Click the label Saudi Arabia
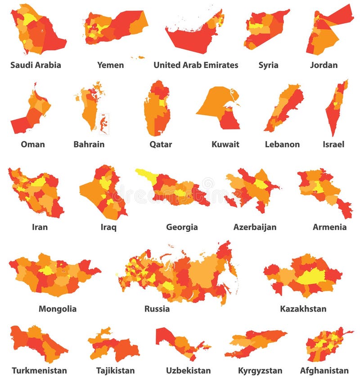tap(36, 65)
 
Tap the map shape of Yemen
tap(117, 27)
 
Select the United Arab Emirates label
tap(196, 65)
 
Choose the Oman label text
tap(33, 145)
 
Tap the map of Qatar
tap(157, 110)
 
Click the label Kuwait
tap(225, 145)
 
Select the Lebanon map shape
tap(283, 108)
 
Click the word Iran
tap(40, 227)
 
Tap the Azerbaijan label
tap(255, 227)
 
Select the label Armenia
tap(329, 227)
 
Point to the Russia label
tap(157, 309)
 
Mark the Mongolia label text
tap(58, 309)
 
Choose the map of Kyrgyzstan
tap(256, 344)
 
